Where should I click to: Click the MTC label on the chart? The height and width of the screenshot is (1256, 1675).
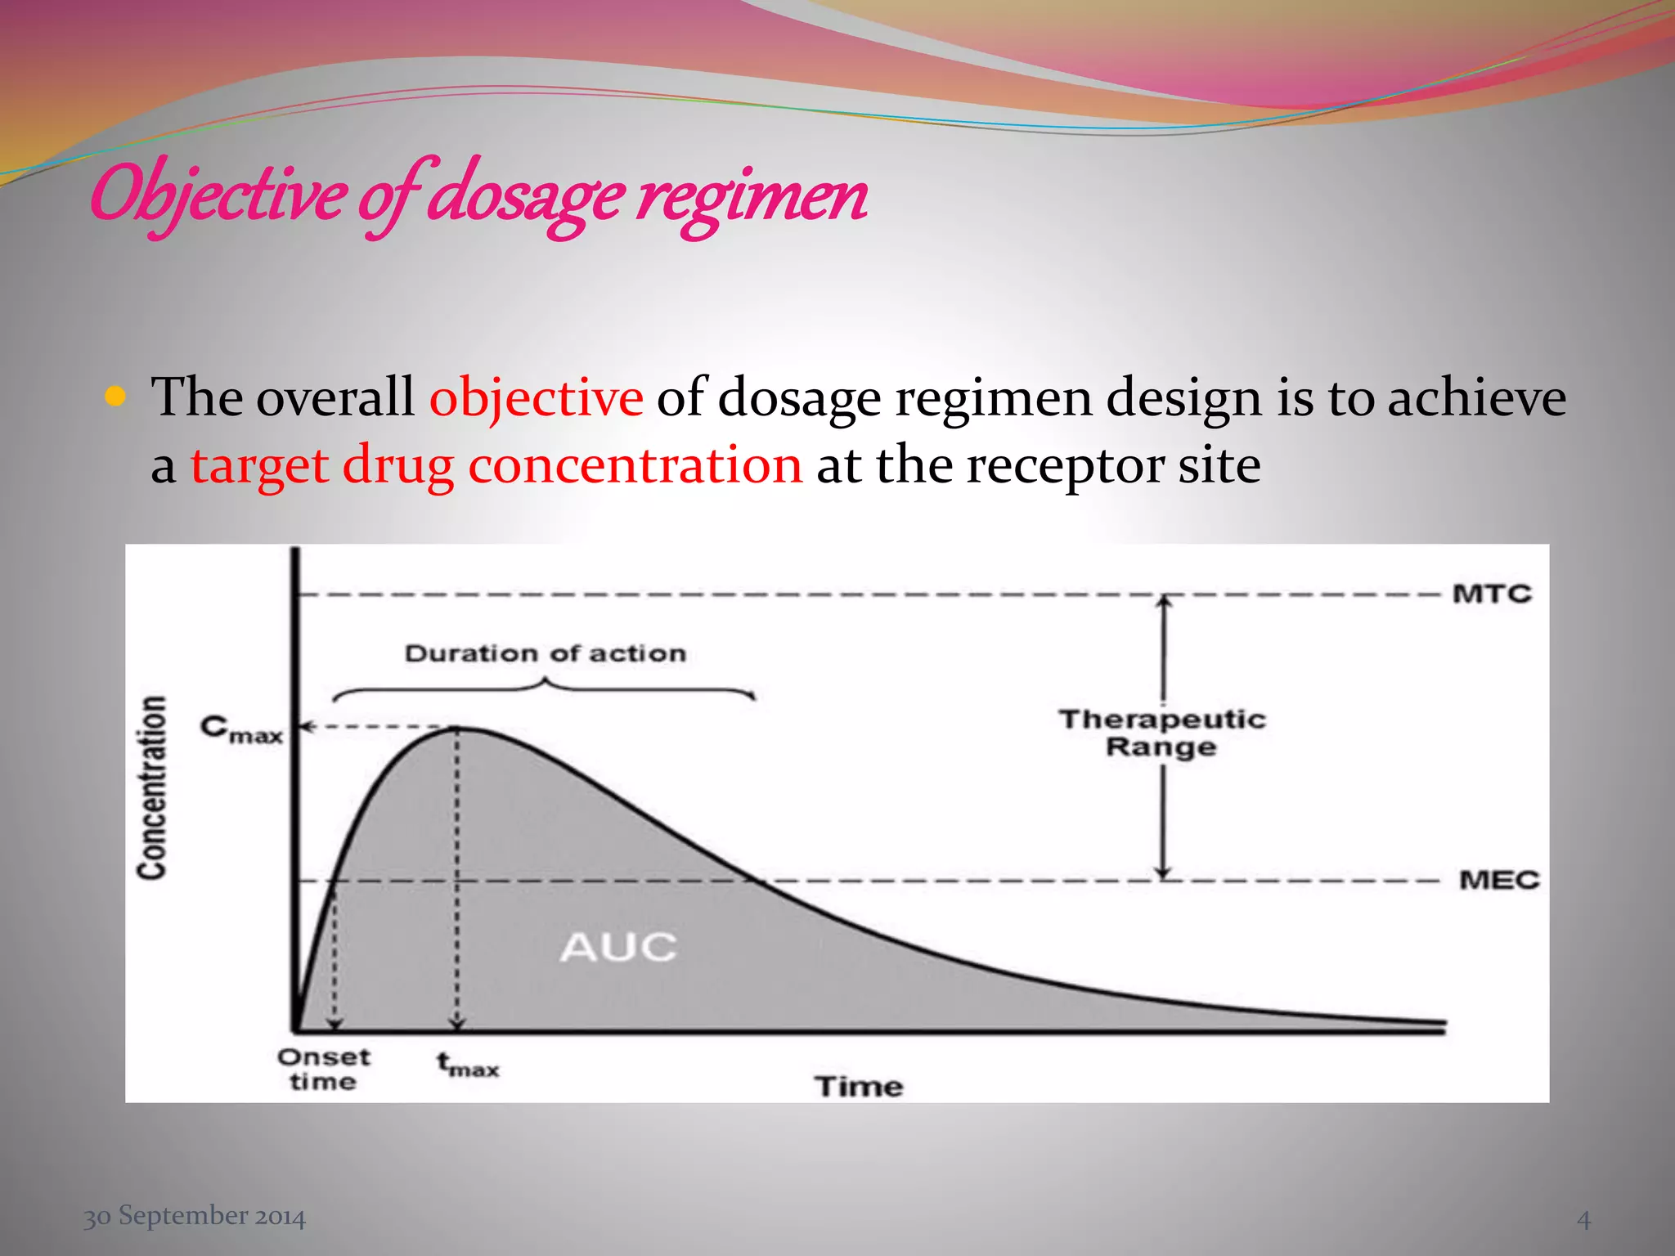point(1491,593)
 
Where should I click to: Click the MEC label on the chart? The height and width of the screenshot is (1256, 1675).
point(1498,880)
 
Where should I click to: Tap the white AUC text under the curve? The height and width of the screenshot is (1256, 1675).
point(618,948)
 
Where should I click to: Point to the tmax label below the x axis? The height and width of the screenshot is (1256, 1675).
point(467,1065)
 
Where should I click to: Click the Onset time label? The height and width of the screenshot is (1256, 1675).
point(324,1069)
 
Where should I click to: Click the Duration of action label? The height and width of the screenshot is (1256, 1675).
point(546,653)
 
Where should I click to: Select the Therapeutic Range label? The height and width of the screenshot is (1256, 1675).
point(1162,733)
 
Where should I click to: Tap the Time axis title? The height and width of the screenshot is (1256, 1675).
point(859,1086)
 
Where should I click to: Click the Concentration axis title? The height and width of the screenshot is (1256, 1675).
point(152,788)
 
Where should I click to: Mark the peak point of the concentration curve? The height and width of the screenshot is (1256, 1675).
point(457,728)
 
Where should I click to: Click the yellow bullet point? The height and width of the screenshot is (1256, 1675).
point(115,397)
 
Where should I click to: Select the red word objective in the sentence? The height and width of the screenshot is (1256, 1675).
point(536,398)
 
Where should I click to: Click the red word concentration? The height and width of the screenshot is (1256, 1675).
point(635,465)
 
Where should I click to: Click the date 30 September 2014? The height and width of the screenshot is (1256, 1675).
point(195,1216)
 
